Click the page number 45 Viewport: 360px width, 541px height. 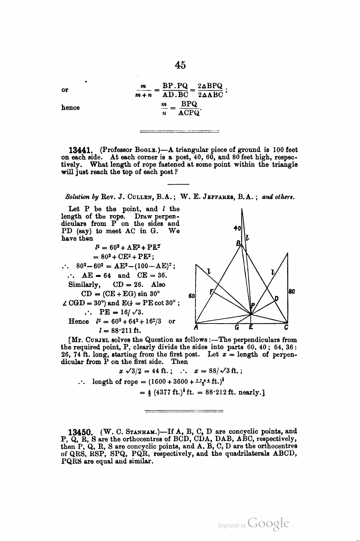pyautogui.click(x=180, y=65)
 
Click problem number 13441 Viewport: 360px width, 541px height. pyautogui.click(x=83, y=150)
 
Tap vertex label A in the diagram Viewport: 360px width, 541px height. pyautogui.click(x=196, y=327)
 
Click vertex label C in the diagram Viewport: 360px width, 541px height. pyautogui.click(x=286, y=327)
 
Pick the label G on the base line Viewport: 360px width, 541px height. pyautogui.click(x=237, y=327)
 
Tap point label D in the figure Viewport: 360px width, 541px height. pyautogui.click(x=276, y=298)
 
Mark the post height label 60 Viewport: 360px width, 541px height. pyautogui.click(x=192, y=296)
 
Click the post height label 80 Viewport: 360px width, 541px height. pyautogui.click(x=292, y=291)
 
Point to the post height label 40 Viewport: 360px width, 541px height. pyautogui.click(x=237, y=228)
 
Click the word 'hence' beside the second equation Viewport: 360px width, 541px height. pyautogui.click(x=70, y=108)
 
